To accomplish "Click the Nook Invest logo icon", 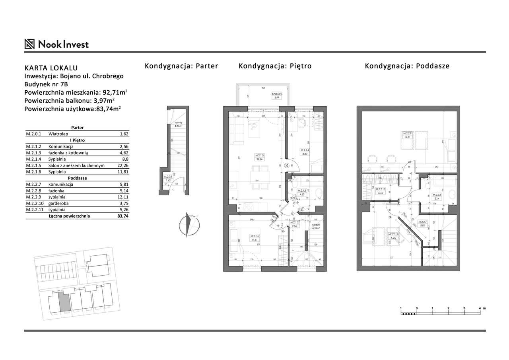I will (29, 44).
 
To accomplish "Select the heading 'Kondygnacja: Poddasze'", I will (407, 66).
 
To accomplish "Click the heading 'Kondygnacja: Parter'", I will (181, 66).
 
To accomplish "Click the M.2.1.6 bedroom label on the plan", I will (255, 237).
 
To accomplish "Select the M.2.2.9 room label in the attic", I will (406, 135).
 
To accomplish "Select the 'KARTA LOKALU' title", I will (51, 68).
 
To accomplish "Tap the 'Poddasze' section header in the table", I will (77, 178).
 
